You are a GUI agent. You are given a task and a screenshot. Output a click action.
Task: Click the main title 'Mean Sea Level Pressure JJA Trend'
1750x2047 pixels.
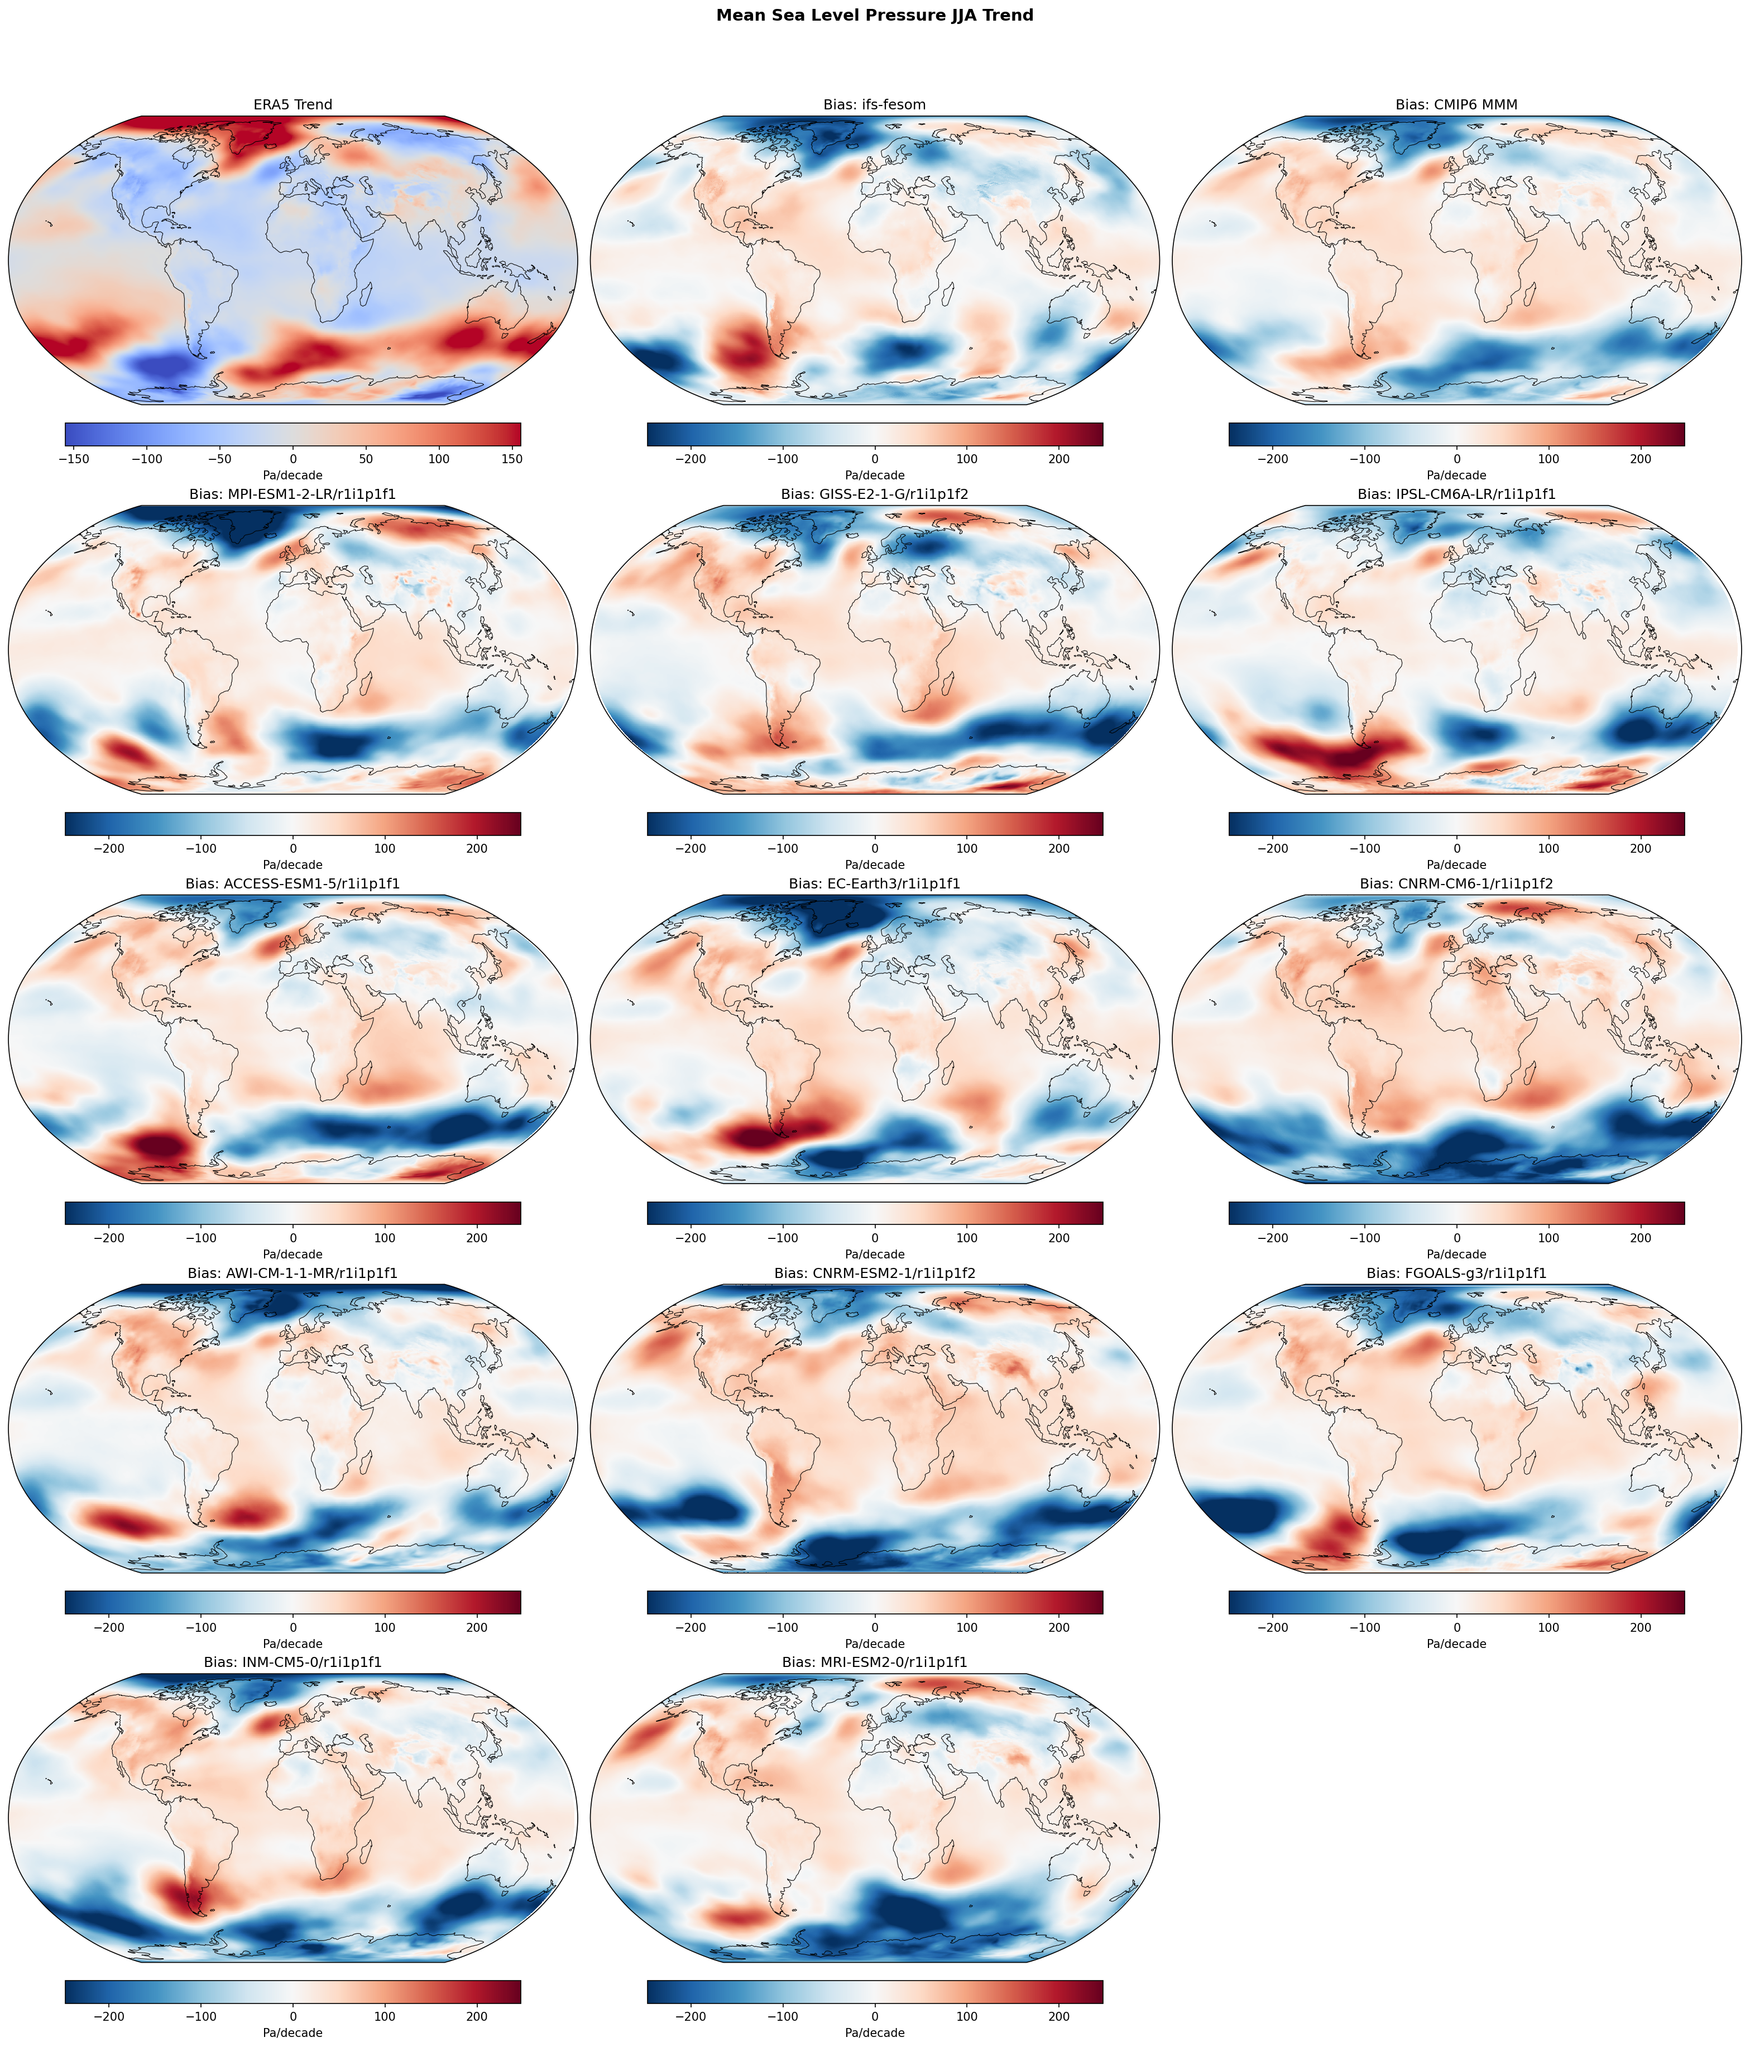click(875, 15)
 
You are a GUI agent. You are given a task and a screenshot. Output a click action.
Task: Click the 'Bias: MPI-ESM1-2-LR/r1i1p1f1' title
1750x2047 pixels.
click(293, 494)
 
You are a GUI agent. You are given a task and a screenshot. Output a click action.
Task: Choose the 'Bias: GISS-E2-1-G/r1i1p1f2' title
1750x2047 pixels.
click(875, 494)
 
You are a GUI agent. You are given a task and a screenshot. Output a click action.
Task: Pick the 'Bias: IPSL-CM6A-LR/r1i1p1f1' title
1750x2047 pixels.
click(1456, 494)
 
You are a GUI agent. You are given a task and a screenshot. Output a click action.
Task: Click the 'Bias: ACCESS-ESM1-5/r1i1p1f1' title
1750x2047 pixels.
click(293, 883)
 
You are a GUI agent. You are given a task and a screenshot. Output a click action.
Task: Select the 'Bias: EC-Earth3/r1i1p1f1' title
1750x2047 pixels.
click(875, 883)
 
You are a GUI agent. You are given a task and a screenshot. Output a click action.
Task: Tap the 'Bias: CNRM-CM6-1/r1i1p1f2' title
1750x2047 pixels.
click(1456, 883)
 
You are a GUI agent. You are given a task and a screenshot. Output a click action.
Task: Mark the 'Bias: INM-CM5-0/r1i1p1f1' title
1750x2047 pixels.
click(293, 1662)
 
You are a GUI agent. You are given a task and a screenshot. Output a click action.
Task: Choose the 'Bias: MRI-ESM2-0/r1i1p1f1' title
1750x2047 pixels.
click(875, 1662)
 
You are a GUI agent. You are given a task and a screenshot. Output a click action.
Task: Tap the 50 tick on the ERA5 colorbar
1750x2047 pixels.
click(366, 459)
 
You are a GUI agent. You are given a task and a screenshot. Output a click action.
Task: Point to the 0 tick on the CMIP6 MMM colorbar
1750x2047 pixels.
click(1456, 459)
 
